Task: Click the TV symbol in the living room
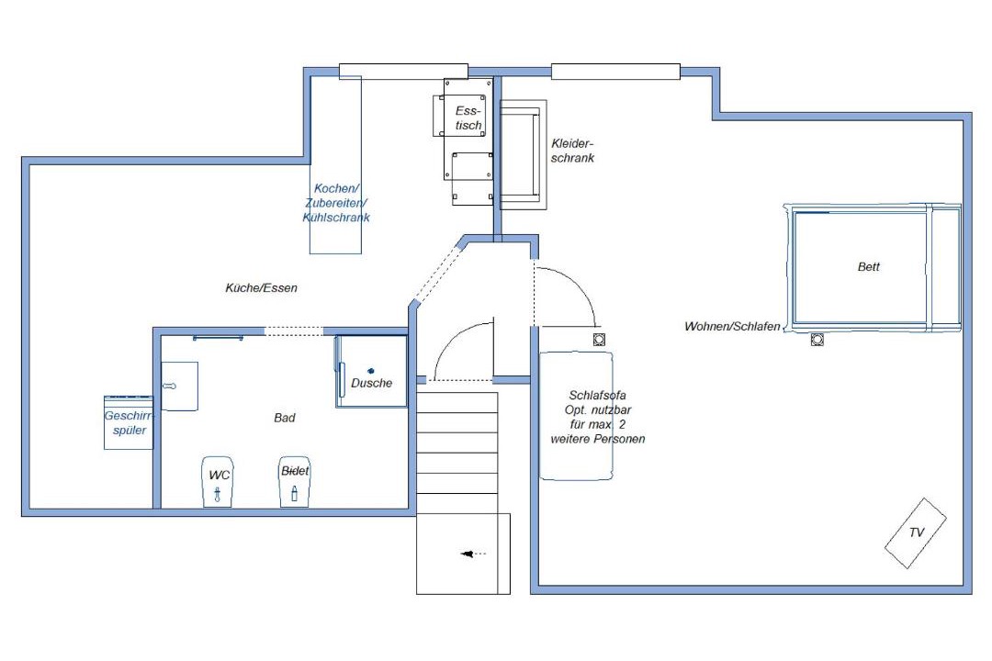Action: [x=916, y=533]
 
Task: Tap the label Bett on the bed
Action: [x=869, y=267]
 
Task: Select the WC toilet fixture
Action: [x=218, y=481]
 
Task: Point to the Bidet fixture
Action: [x=295, y=481]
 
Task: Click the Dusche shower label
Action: [x=371, y=383]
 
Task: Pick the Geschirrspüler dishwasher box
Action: [x=130, y=422]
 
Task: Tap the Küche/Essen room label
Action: [x=261, y=287]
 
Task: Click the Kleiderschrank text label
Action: [x=572, y=151]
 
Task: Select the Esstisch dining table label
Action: [x=468, y=118]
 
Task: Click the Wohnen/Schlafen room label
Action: [x=733, y=327]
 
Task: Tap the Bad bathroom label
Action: [x=285, y=418]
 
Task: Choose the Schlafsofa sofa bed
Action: [x=576, y=416]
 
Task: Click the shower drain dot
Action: [x=371, y=371]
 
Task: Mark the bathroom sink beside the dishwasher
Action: [x=180, y=386]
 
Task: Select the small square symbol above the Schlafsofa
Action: [x=599, y=340]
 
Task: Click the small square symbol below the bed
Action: [x=817, y=340]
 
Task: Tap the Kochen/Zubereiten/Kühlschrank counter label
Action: [x=336, y=203]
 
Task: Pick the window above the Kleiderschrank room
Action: [x=615, y=72]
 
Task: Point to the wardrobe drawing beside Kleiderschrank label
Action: [x=524, y=154]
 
